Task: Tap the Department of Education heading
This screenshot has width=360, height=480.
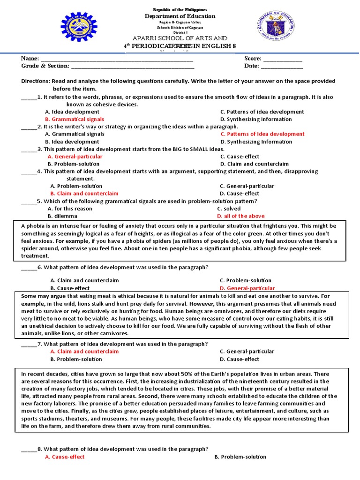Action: [180, 16]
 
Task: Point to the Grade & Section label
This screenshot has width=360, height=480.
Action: [45, 66]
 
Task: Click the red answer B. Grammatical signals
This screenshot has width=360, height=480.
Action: [75, 120]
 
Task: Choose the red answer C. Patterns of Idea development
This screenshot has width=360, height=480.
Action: [262, 134]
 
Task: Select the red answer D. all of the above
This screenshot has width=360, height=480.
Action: [240, 216]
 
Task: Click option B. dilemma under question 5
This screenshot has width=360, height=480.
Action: [62, 216]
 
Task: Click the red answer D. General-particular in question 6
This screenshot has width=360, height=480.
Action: [247, 288]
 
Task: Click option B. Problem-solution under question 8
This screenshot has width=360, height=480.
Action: [240, 457]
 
